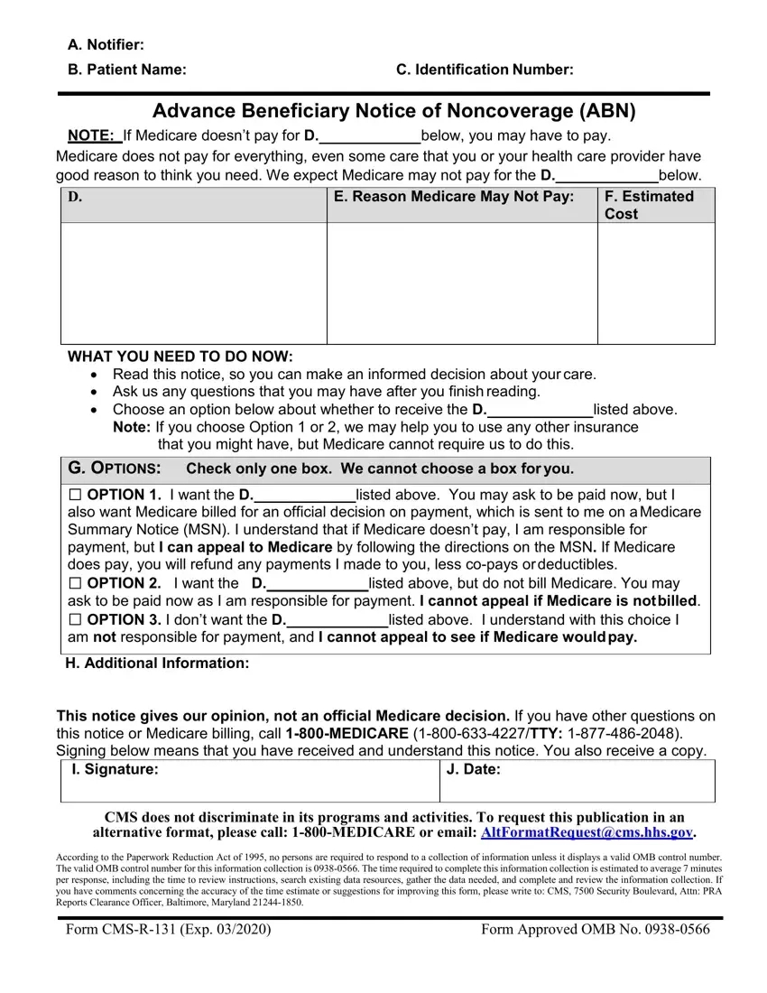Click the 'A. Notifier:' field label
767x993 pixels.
[106, 45]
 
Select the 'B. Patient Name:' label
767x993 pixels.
[127, 70]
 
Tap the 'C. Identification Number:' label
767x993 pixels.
[485, 70]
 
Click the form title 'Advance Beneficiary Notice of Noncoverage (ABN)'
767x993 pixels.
[394, 111]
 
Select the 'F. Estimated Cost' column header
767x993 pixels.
[649, 205]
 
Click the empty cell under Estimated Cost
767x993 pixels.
[656, 283]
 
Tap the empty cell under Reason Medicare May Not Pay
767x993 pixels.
[461, 283]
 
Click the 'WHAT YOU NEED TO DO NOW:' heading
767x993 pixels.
[180, 357]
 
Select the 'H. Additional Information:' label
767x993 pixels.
[157, 664]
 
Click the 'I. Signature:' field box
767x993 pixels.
[249, 782]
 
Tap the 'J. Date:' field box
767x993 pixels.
[578, 782]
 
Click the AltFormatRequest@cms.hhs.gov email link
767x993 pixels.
[587, 831]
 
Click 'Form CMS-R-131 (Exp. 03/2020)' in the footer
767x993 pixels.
[168, 930]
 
